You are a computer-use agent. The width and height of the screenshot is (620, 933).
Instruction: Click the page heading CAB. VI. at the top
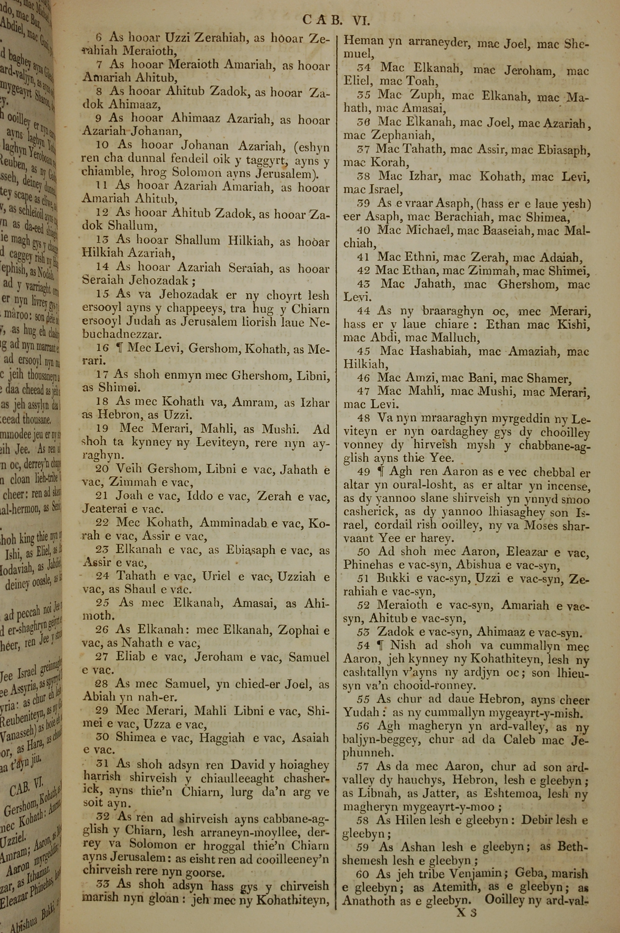click(336, 20)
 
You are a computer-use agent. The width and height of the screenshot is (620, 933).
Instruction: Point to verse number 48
click(363, 418)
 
